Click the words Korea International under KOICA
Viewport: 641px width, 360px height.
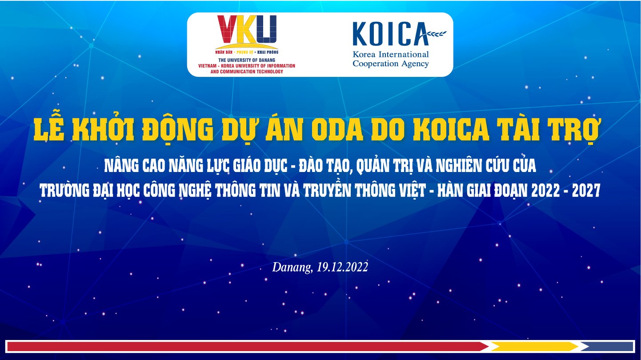coord(391,54)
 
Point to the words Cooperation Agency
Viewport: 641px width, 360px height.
coord(391,64)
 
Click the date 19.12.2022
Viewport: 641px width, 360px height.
coord(342,267)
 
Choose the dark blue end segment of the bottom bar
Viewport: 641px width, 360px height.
coord(608,347)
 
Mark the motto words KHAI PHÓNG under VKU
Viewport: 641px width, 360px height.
coord(268,52)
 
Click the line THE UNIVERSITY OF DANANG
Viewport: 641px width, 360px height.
coord(247,60)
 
